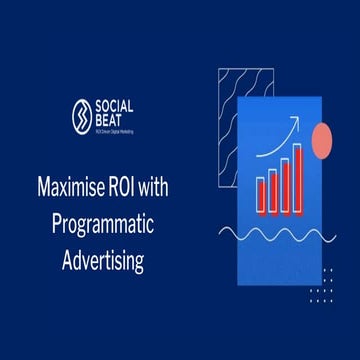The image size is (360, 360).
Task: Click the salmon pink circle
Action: (322, 141)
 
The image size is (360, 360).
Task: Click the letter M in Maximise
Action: (43, 188)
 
